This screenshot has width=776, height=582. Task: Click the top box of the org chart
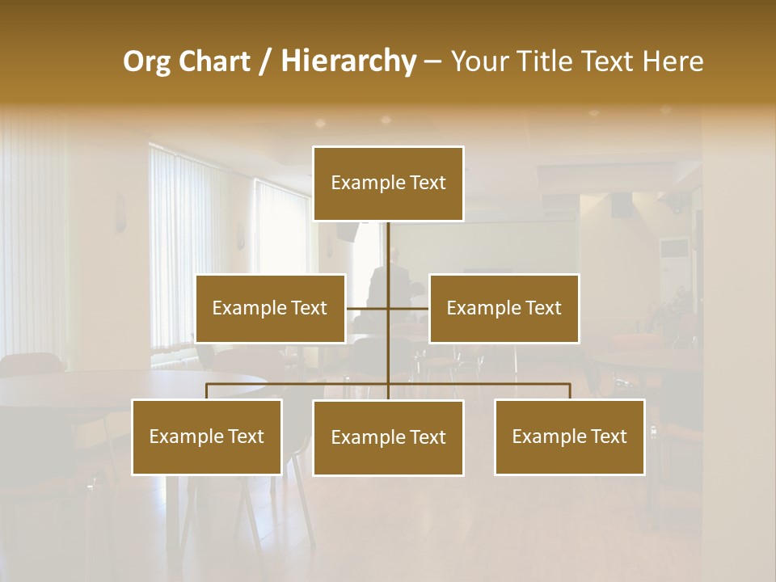388,183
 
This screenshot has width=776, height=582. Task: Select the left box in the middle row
270,308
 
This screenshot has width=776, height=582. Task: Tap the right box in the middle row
504,308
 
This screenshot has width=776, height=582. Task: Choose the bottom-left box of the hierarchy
207,436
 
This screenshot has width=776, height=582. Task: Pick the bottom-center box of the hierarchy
388,437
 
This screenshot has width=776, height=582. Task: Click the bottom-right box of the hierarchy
569,436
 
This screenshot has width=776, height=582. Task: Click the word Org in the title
146,61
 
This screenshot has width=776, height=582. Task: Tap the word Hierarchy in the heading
348,61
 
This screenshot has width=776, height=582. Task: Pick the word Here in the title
673,61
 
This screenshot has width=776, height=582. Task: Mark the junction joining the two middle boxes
388,308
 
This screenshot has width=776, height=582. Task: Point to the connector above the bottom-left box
207,391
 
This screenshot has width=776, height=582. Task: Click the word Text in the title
613,61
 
